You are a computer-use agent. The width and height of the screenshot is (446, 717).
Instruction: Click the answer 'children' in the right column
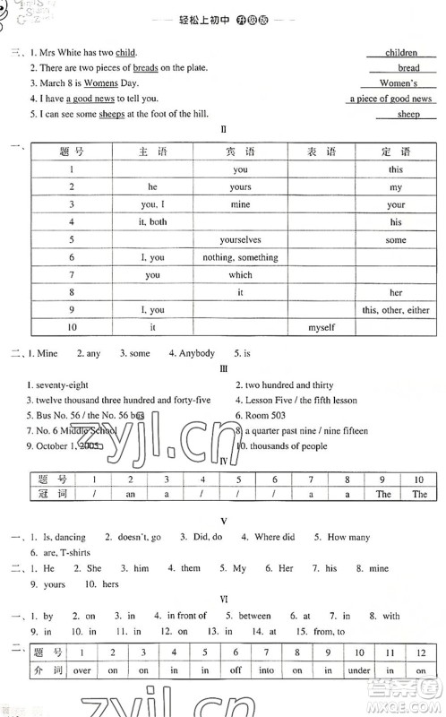401,53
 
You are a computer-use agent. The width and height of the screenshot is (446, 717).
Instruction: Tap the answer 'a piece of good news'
390,99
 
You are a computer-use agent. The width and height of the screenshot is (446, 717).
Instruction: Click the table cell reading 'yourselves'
240,239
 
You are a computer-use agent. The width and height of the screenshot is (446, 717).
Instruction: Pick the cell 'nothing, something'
240,257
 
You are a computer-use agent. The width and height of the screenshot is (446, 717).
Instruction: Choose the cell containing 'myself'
322,327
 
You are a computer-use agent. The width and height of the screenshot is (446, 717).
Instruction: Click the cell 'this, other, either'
396,309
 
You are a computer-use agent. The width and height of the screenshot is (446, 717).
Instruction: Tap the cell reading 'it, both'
152,221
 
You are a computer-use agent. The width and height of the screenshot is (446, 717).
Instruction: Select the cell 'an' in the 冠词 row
129,494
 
